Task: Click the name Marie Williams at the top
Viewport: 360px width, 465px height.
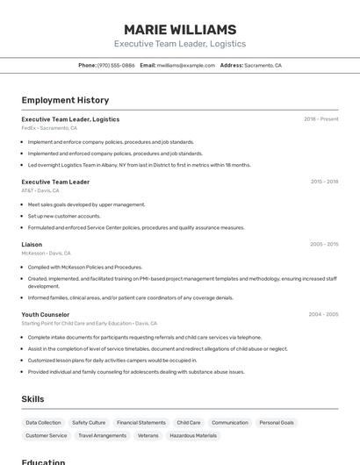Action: [179, 29]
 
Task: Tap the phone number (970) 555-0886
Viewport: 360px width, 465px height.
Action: [116, 65]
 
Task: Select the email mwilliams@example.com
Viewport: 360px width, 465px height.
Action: [185, 65]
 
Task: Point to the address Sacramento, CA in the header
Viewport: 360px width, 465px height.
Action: [263, 65]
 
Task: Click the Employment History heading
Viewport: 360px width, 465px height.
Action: [65, 100]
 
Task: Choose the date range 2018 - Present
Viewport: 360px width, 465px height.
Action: [320, 119]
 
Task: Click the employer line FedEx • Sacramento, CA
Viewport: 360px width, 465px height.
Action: [49, 128]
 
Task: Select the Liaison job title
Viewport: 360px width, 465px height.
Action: [32, 244]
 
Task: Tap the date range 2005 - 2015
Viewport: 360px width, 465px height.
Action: [324, 244]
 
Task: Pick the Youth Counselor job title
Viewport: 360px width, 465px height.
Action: [46, 314]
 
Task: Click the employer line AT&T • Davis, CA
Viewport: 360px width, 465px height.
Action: [40, 190]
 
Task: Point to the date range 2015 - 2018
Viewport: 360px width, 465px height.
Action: [324, 182]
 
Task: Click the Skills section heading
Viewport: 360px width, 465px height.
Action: [32, 399]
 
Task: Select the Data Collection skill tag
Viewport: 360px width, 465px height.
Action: [43, 422]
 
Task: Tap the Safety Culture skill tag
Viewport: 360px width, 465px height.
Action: [89, 422]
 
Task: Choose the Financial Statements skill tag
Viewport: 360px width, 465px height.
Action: [140, 422]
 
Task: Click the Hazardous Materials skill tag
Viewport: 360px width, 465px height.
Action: [193, 435]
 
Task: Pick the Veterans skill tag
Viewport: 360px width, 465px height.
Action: [148, 435]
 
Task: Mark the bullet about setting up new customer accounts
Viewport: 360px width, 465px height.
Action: [64, 216]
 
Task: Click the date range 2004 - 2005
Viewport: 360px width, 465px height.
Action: [323, 314]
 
